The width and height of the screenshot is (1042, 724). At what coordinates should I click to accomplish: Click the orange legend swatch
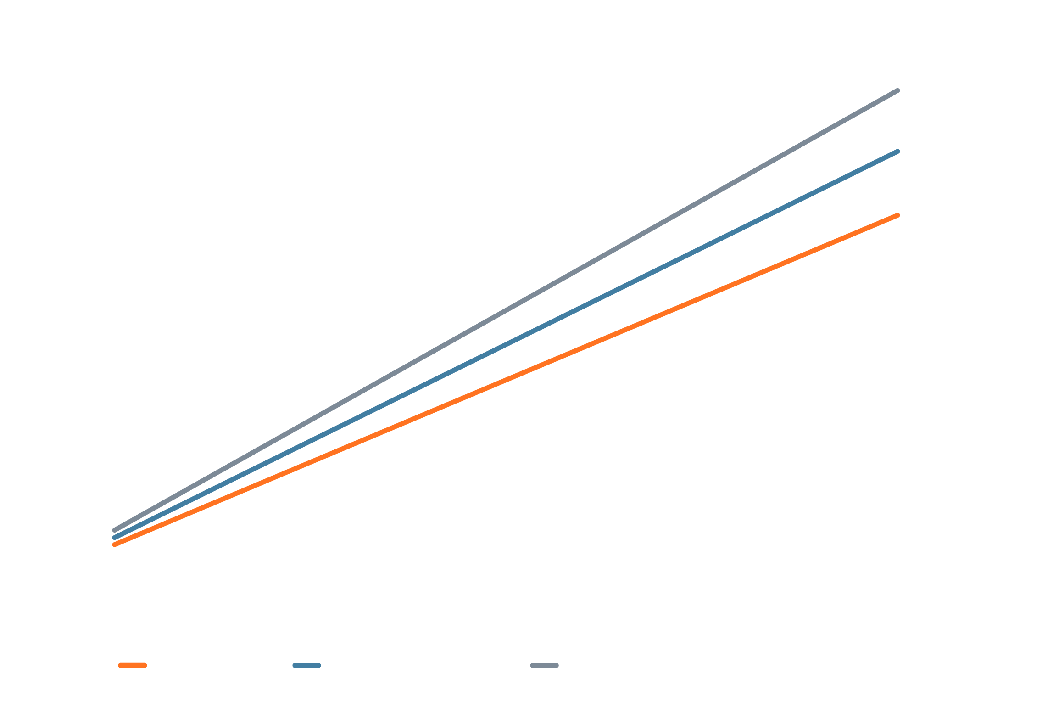(133, 665)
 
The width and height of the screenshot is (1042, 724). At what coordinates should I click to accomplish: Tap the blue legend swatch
(306, 665)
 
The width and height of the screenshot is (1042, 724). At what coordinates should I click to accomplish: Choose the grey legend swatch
(544, 665)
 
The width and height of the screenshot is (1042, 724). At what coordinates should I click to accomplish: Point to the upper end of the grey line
(897, 91)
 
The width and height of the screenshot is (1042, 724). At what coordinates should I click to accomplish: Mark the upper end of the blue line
(897, 152)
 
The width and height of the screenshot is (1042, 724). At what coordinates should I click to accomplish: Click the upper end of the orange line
(897, 215)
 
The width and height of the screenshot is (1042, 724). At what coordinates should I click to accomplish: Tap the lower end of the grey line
(115, 530)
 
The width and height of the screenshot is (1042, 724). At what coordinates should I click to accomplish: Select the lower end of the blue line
(115, 538)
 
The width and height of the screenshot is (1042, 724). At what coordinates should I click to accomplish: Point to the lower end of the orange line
(115, 545)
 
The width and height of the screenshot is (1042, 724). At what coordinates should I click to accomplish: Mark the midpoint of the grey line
(506, 310)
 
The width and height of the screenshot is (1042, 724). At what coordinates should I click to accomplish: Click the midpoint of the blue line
(506, 344)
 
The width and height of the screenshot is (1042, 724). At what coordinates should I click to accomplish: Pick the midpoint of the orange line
(506, 380)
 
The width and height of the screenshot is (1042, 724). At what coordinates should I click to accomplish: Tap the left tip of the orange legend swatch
(120, 665)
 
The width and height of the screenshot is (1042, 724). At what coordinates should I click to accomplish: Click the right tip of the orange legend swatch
(145, 665)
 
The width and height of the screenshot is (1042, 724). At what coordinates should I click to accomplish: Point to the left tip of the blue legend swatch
(295, 665)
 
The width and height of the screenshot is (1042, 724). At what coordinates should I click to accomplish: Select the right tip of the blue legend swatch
(319, 665)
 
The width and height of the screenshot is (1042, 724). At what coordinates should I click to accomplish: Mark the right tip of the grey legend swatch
(557, 665)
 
